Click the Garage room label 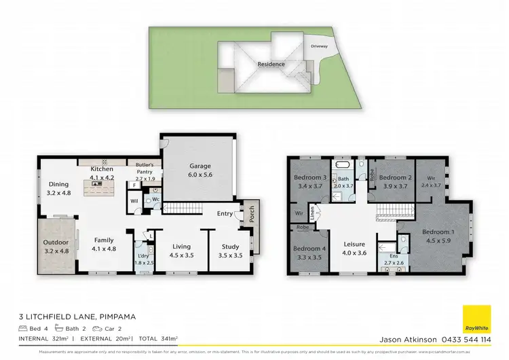(x=200, y=166)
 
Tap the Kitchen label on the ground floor (x=102, y=168)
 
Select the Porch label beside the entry (x=251, y=215)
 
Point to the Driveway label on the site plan (x=319, y=46)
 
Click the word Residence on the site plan (x=271, y=65)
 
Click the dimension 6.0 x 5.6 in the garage (x=200, y=174)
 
